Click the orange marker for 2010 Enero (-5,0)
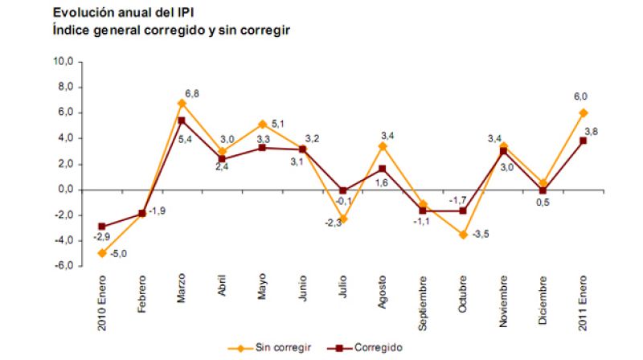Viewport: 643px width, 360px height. click(x=103, y=253)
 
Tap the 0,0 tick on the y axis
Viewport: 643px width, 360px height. click(x=63, y=190)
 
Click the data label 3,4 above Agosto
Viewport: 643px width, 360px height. click(x=386, y=135)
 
